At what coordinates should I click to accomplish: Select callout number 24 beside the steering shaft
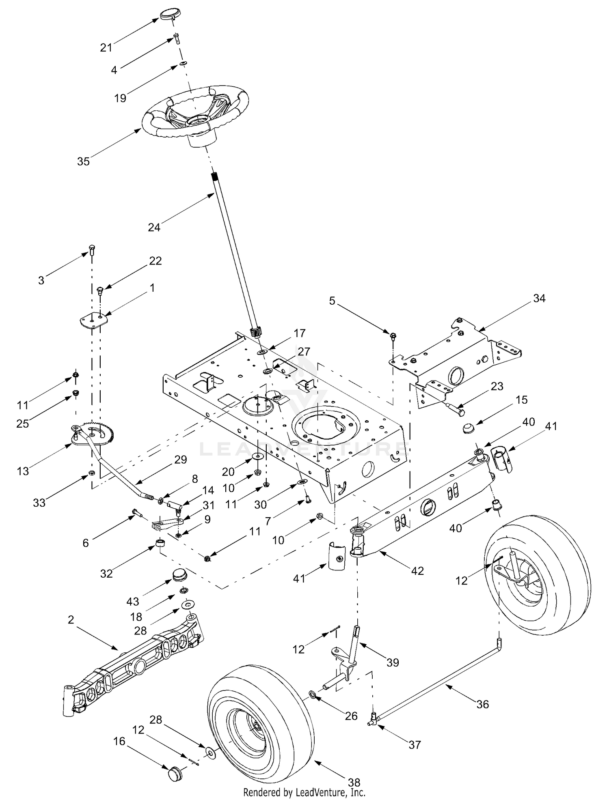154,228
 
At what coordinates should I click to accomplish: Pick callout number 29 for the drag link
180,460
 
